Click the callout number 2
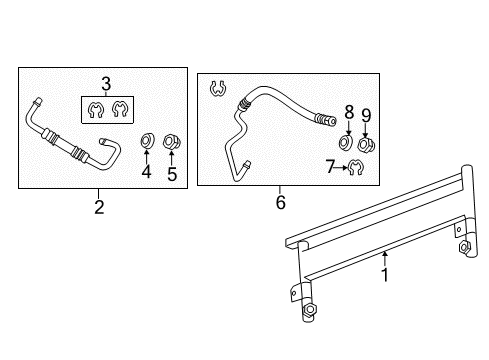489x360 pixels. click(99, 207)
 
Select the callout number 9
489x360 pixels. click(366, 115)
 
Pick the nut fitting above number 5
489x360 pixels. click(170, 141)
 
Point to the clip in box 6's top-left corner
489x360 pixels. click(215, 90)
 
